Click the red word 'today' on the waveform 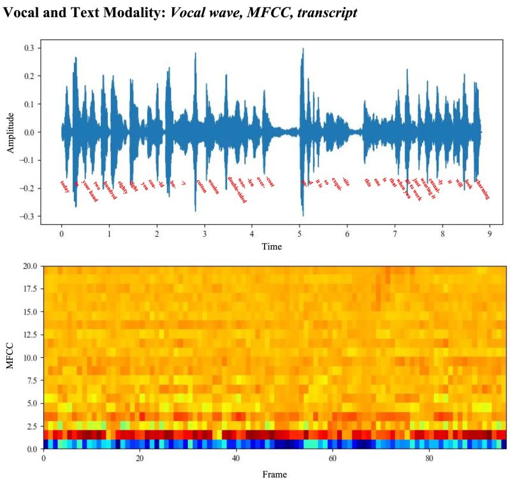pos(64,185)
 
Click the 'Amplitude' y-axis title pos(11,132)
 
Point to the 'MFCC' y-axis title pos(11,357)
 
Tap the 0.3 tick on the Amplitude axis pos(29,48)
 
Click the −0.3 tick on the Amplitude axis pos(27,217)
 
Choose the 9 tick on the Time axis pos(490,233)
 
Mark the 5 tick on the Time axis pos(300,233)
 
